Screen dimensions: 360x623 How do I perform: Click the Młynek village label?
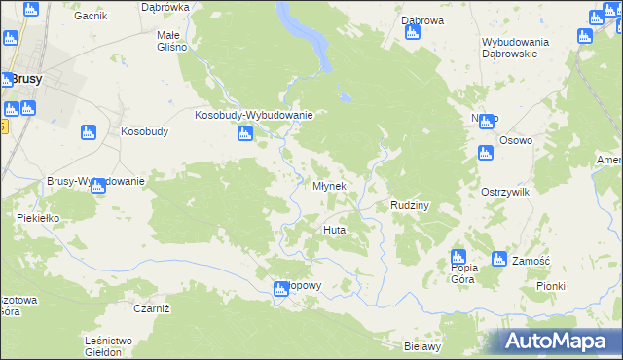click(328, 186)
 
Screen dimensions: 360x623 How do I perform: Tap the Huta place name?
click(334, 230)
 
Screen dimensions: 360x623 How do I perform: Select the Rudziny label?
click(410, 206)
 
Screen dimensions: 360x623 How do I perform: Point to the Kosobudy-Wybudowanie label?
click(253, 115)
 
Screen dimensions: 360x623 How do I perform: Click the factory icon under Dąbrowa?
click(412, 33)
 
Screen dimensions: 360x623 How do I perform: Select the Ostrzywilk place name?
click(504, 193)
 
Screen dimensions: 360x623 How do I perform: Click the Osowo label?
click(516, 140)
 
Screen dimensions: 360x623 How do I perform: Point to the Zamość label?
click(531, 261)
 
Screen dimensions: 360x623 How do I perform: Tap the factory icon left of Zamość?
click(498, 259)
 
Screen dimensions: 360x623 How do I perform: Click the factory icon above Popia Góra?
click(458, 257)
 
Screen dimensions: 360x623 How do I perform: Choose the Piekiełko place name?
click(39, 219)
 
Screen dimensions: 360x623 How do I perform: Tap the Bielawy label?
click(422, 346)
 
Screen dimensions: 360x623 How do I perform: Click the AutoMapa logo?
click(558, 342)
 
